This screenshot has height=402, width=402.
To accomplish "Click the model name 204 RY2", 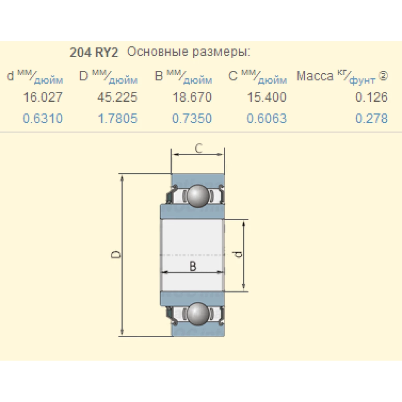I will coord(94,53).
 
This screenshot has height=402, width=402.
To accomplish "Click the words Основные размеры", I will coord(189,52).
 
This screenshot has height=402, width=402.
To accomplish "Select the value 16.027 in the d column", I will coord(43,97).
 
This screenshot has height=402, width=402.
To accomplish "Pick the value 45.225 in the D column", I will coord(117,97).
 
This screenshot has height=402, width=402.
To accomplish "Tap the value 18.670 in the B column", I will coord(192,97).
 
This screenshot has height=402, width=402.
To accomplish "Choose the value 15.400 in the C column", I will coord(267,97).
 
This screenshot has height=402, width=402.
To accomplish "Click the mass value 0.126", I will coord(371,97).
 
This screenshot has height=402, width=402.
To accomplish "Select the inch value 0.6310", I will coord(43,119).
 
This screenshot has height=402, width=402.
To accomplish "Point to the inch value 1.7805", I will coord(117,119).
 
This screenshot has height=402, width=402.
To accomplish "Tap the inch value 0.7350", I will coord(192,119).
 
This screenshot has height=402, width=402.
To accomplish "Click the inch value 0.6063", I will coord(267,119).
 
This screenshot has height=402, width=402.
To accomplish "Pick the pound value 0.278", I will coord(371,119).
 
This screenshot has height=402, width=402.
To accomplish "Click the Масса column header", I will coord(315,76).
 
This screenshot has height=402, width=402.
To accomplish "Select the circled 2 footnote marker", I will coord(384,75).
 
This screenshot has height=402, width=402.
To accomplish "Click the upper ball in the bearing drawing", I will coord(197,196).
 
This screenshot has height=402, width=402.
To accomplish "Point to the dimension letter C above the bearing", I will coord(198,149).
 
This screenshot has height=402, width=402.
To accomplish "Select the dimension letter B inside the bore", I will coord(193,266).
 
